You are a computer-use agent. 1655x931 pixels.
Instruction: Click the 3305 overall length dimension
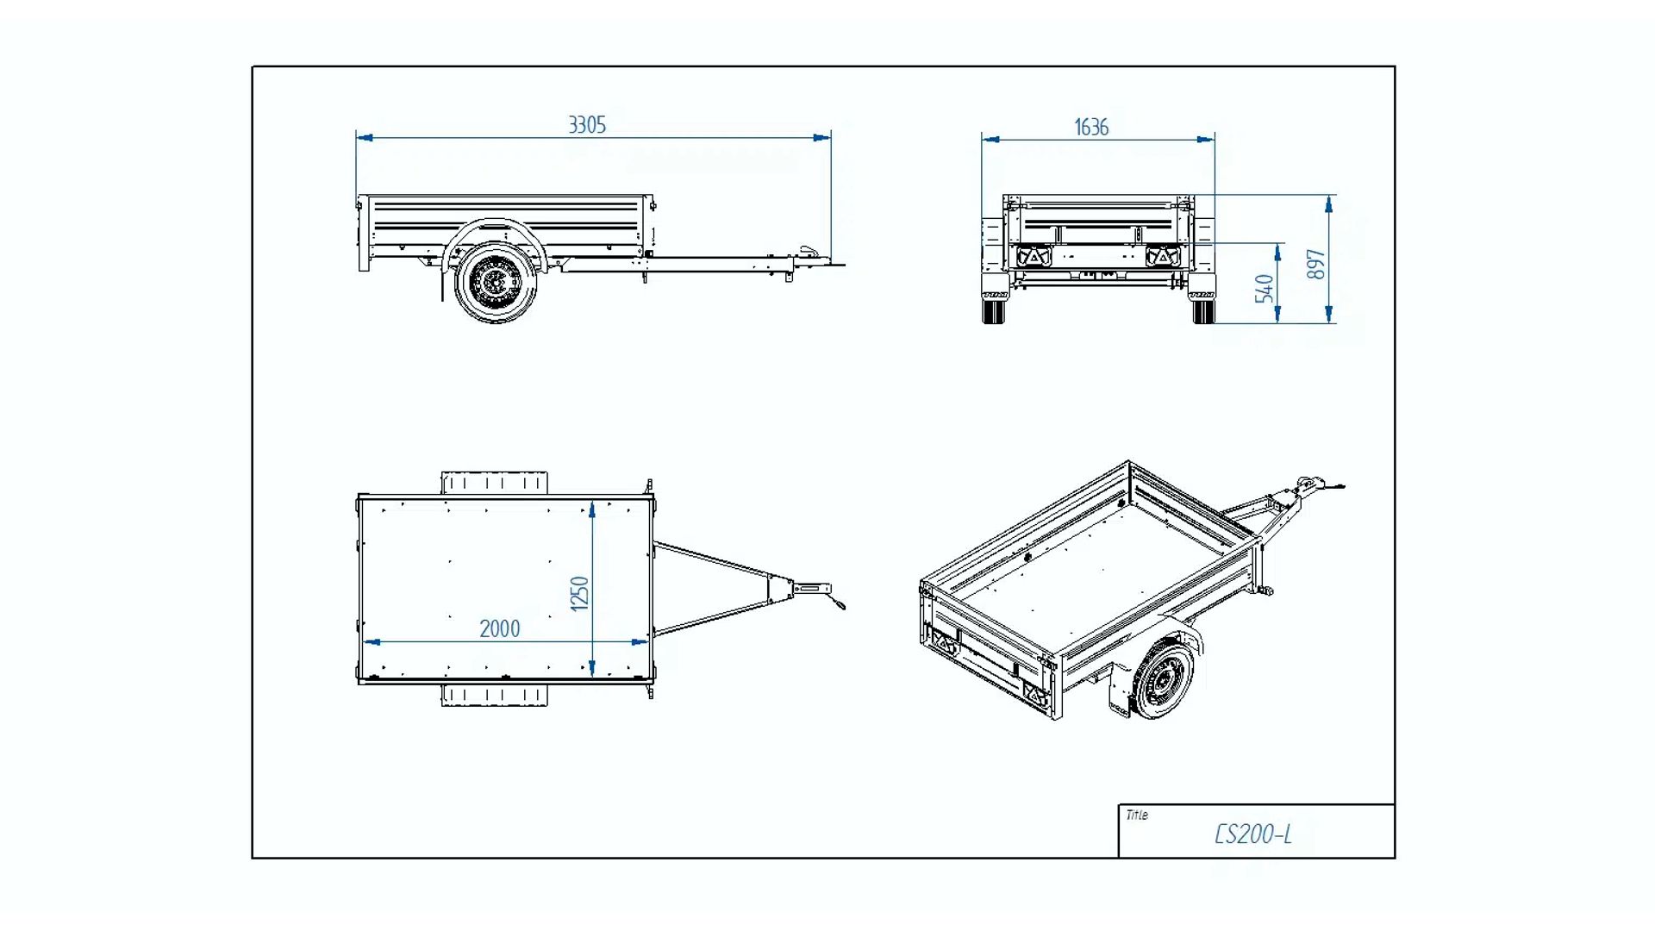[587, 125]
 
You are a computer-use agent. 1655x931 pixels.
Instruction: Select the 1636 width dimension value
[1091, 128]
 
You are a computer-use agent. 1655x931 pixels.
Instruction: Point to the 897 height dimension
[1315, 264]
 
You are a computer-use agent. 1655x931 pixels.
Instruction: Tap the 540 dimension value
[1264, 288]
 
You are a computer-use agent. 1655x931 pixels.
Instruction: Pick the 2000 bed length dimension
[500, 629]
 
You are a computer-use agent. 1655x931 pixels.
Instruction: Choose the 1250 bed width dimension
[580, 593]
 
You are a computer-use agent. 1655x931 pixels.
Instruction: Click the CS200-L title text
[1252, 834]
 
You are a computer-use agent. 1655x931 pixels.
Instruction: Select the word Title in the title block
[1137, 815]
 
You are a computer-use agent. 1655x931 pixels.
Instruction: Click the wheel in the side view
[495, 281]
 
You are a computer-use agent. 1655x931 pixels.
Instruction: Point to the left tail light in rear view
[1033, 257]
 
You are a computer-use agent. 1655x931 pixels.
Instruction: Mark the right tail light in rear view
[1163, 257]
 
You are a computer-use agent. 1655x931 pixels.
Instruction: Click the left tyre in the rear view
[993, 309]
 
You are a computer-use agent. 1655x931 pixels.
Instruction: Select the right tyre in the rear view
[1203, 309]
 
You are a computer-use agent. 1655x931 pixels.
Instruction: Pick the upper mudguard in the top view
[494, 483]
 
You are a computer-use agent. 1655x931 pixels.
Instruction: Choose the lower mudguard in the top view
[494, 695]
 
